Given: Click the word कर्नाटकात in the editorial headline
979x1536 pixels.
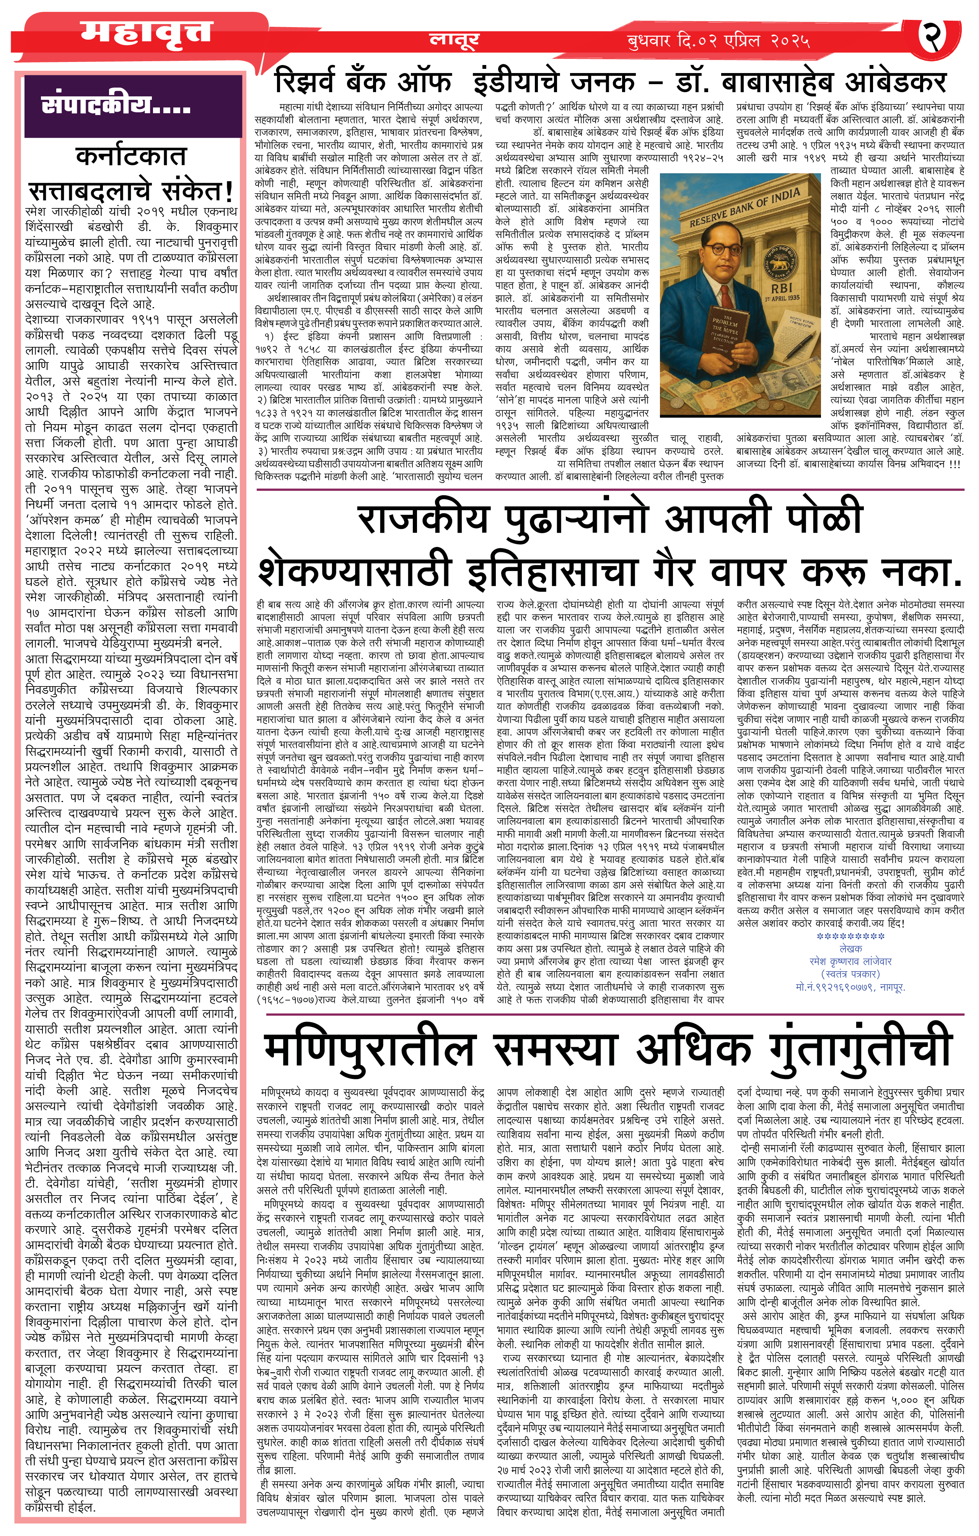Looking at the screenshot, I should point(131,156).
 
